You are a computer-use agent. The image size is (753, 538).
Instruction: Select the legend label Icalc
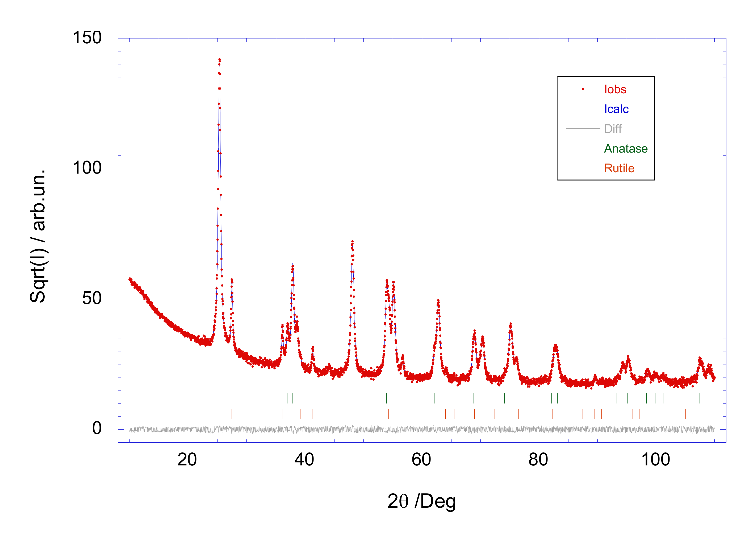[x=616, y=109]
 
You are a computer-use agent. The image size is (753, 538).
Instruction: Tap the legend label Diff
[x=613, y=129]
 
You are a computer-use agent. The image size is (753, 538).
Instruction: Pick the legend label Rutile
[x=619, y=168]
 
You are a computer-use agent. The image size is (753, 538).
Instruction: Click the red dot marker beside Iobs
[x=583, y=89]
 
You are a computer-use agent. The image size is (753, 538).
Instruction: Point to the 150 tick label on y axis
[x=87, y=38]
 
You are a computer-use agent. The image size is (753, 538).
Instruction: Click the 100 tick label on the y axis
[x=87, y=168]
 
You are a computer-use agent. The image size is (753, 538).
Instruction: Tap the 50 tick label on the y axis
[x=91, y=298]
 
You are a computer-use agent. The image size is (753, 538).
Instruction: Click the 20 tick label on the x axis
[x=187, y=460]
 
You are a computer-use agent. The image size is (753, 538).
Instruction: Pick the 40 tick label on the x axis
[x=304, y=460]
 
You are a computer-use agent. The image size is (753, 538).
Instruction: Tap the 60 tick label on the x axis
[x=421, y=460]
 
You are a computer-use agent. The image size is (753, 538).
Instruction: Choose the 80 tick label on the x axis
[x=538, y=460]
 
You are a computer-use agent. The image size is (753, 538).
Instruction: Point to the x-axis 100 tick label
[x=655, y=460]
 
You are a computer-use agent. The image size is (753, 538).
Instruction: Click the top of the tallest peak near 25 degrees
[x=219, y=60]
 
